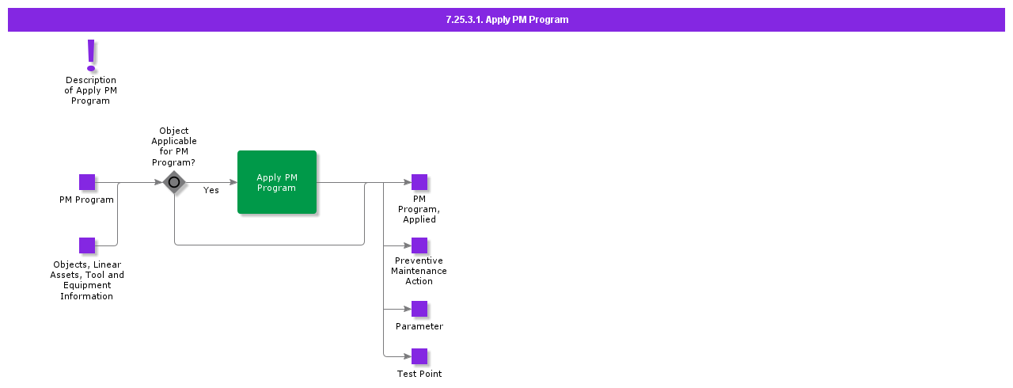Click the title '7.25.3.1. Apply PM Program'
coord(506,20)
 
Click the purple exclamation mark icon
coord(91,55)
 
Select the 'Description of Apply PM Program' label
coord(90,90)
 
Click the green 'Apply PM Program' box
coord(277,182)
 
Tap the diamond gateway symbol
coord(174,182)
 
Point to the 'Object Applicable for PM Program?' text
coord(174,146)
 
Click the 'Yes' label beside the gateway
coord(211,190)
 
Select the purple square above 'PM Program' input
coord(87,182)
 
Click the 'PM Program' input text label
coord(86,200)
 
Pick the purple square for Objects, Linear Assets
coord(87,245)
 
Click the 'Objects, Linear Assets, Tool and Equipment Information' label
coord(87,280)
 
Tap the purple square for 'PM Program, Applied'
coord(419,182)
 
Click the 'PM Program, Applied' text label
coord(419,209)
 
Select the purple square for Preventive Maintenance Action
coord(419,245)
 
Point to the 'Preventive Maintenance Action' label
coord(419,271)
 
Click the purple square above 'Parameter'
coord(419,309)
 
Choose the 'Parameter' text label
coord(419,326)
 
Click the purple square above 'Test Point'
coord(419,356)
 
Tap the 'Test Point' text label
coord(419,374)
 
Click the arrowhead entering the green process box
coord(233,182)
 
